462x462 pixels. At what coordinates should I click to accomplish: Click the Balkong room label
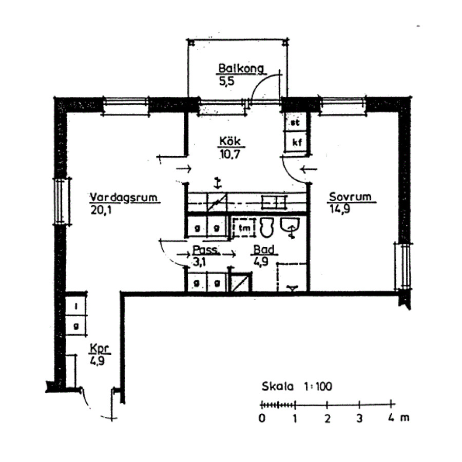click(x=241, y=68)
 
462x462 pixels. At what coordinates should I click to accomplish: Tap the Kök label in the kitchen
click(x=230, y=141)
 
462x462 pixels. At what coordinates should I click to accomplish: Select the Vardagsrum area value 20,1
click(x=101, y=210)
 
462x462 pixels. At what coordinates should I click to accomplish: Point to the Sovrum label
click(x=350, y=197)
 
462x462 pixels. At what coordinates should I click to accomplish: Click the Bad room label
click(x=264, y=249)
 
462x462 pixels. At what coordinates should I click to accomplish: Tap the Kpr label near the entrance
click(x=99, y=349)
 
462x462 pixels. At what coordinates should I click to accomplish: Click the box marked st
click(x=296, y=122)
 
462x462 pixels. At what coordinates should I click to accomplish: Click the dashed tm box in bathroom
click(x=244, y=228)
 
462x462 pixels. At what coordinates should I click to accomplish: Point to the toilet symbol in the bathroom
click(x=267, y=227)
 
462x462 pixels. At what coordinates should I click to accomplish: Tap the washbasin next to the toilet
click(x=291, y=227)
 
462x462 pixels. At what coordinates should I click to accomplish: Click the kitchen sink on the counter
click(x=274, y=202)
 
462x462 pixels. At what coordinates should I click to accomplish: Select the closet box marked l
click(x=76, y=306)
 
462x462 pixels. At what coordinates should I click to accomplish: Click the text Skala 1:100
click(x=297, y=386)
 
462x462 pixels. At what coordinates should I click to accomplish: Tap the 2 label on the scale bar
click(x=327, y=418)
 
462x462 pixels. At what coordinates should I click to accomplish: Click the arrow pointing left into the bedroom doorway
click(x=308, y=169)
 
